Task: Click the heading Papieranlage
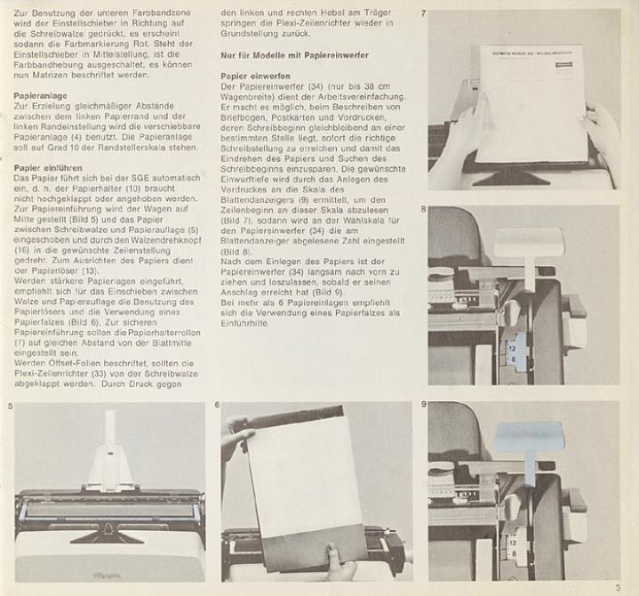tap(40, 96)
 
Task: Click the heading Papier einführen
tap(48, 168)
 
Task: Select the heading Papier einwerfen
tap(256, 77)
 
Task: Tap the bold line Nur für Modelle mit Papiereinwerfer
tap(295, 55)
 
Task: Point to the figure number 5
tap(10, 406)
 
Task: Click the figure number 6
tap(217, 405)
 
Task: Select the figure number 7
tap(423, 13)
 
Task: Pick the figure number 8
tap(423, 209)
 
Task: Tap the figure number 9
tap(424, 405)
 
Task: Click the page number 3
tap(618, 588)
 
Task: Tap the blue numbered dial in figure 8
tap(516, 352)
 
